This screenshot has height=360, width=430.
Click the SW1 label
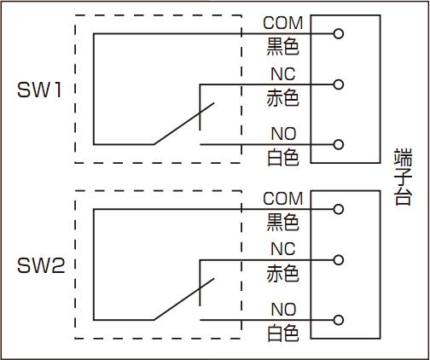pos(39,90)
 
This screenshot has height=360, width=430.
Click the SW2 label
pos(41,266)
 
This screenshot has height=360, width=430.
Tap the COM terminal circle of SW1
pos(338,34)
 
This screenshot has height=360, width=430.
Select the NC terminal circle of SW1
pos(338,84)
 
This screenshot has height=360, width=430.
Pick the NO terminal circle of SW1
pos(338,144)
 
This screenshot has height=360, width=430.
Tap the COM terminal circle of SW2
pos(338,209)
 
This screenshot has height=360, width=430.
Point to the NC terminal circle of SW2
pos(338,260)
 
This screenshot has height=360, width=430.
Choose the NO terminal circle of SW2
pos(338,320)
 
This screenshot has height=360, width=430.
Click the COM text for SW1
pos(283,23)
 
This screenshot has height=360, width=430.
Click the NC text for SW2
pos(283,249)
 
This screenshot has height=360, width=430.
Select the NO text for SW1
pos(283,134)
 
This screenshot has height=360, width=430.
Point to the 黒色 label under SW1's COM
pos(282,47)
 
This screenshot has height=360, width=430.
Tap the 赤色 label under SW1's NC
pos(282,98)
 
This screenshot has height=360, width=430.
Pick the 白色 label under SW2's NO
pos(283,333)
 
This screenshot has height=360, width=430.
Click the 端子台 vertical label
pos(403,177)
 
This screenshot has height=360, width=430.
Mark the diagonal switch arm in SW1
pos(183,124)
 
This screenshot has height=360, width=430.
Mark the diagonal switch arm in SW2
pos(183,299)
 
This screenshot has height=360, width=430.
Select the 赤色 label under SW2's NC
pos(282,274)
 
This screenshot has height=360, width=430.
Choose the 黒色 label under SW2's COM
pos(282,223)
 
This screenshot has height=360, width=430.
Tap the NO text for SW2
pos(283,310)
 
